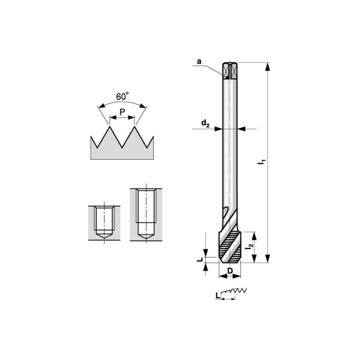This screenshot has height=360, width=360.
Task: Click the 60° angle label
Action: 122,96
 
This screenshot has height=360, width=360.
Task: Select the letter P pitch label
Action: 122,112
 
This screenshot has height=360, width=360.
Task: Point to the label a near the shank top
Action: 199,62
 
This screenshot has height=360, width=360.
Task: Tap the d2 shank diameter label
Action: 205,123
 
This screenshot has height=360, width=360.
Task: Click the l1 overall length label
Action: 261,162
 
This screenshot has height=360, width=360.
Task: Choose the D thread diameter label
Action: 230,271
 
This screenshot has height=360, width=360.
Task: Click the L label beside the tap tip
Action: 200,260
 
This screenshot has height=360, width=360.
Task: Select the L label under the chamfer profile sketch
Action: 218,296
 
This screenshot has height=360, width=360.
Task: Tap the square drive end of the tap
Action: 230,71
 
